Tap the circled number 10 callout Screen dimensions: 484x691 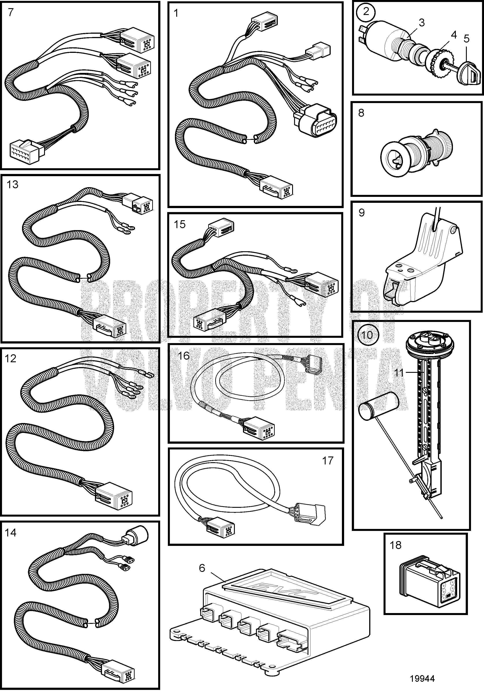pyautogui.click(x=366, y=335)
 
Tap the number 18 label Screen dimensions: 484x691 pyautogui.click(x=395, y=545)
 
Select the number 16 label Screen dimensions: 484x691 pyautogui.click(x=184, y=356)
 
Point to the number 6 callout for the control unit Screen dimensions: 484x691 pyautogui.click(x=202, y=568)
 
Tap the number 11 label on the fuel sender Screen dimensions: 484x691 pyautogui.click(x=399, y=373)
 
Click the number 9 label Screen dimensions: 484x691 pyautogui.click(x=362, y=212)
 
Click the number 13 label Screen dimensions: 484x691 pyautogui.click(x=12, y=184)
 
